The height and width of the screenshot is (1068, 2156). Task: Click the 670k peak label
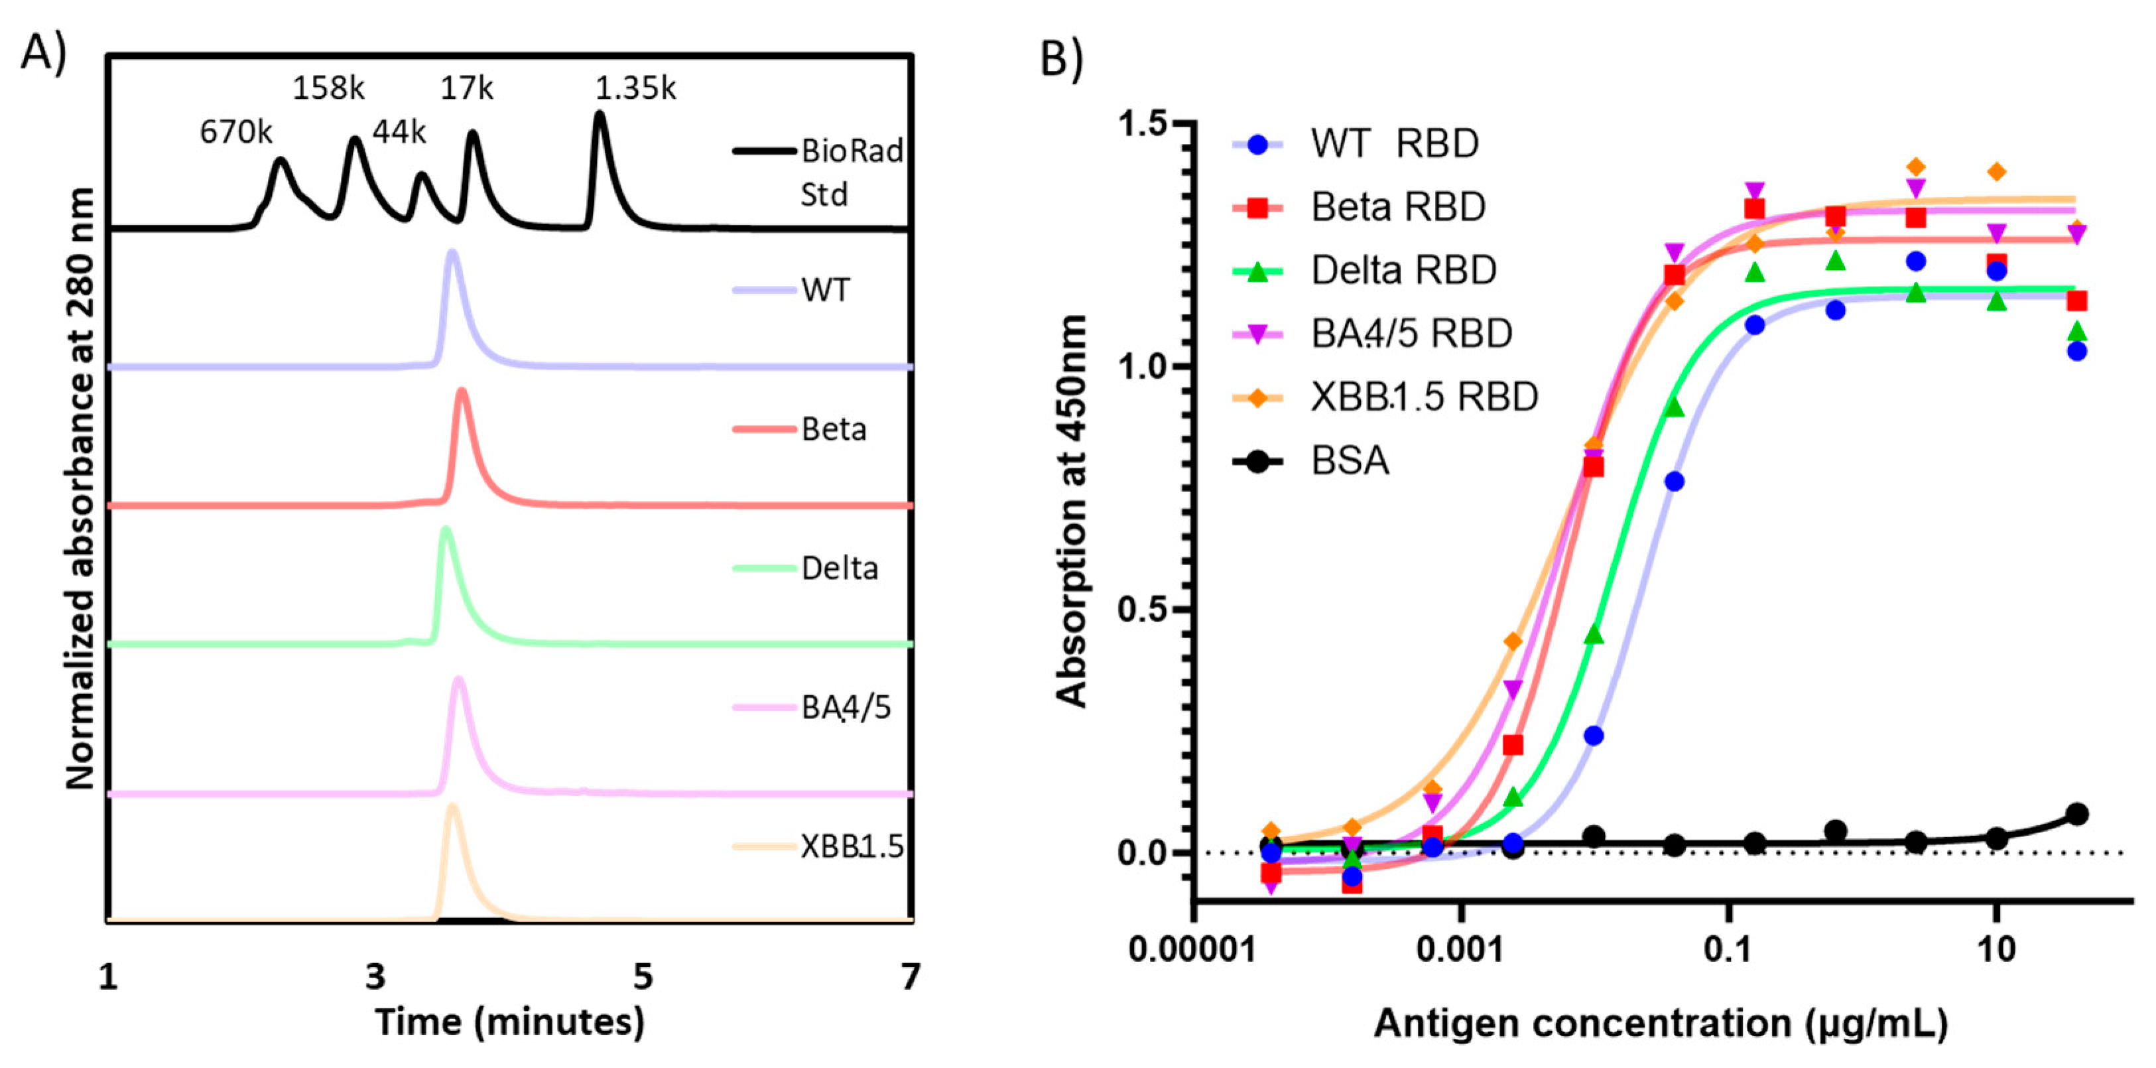point(236,131)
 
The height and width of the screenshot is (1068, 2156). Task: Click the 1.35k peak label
point(635,88)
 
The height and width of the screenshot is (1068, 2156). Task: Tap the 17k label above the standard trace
point(467,88)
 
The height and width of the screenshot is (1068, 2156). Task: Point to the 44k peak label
point(399,131)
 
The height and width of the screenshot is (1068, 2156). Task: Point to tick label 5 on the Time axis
point(642,976)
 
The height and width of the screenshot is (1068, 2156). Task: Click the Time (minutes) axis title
point(510,1022)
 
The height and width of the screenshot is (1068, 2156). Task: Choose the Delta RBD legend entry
point(1403,271)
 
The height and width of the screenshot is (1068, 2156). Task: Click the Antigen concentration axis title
point(1661,1024)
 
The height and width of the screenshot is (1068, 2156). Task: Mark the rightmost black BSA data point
point(2076,813)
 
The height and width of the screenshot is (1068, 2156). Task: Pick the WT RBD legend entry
point(1393,144)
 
